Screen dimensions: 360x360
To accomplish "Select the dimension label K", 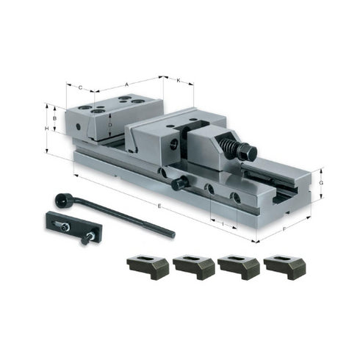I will coord(179,79).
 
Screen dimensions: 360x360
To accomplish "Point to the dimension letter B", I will coord(54,117).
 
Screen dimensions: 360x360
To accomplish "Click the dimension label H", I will coord(46,129).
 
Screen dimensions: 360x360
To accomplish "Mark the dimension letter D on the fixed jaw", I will coord(109,125).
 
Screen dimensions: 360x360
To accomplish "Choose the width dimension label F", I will coord(284,228).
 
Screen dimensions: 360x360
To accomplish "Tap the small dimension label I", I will coord(222,219).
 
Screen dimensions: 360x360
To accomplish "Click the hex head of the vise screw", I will coord(248,154).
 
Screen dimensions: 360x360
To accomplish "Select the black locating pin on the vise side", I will coord(179,185).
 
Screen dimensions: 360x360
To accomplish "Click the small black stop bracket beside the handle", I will coord(66,226).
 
